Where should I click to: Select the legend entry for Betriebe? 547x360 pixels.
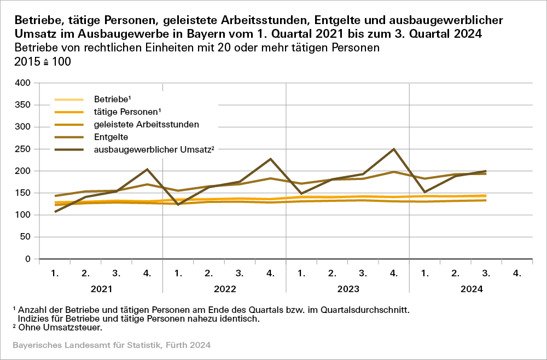110,100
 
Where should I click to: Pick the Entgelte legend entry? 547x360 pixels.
109,137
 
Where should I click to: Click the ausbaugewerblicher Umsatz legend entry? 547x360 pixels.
153,149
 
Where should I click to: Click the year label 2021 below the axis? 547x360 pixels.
101,288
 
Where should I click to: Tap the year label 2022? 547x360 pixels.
224,288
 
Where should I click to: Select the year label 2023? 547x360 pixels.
347,288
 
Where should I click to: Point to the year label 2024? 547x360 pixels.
470,288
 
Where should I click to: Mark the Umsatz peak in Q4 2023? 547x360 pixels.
394,149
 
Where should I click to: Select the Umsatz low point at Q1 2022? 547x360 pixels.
178,205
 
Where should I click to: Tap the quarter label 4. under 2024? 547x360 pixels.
517,272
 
